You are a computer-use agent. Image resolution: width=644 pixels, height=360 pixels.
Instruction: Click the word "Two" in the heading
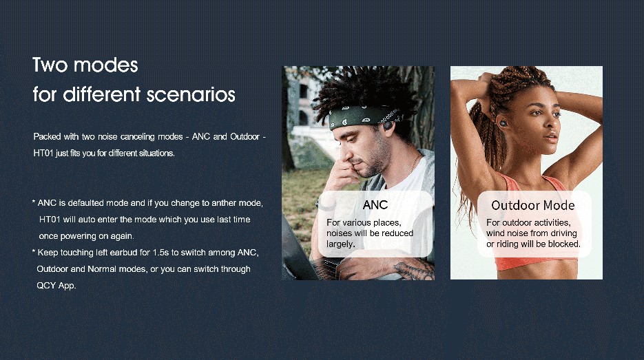tap(50, 65)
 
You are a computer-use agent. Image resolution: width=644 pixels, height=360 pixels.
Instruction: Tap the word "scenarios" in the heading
tap(191, 94)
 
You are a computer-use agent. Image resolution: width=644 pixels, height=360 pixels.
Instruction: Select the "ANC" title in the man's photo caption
tap(375, 205)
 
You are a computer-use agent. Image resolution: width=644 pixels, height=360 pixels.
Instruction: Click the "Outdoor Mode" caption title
tap(532, 205)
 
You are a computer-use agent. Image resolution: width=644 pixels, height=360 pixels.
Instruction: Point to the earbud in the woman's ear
tap(503, 123)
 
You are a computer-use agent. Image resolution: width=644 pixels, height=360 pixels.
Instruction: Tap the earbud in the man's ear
tap(387, 123)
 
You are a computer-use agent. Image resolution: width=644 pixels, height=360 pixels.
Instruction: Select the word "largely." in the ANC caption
tap(340, 244)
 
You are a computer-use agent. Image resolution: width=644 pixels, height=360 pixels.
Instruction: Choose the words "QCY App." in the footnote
tap(56, 285)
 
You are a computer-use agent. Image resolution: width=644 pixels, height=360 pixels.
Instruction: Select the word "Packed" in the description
tap(48, 136)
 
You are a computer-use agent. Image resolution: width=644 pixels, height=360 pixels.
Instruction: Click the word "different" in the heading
tap(101, 94)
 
